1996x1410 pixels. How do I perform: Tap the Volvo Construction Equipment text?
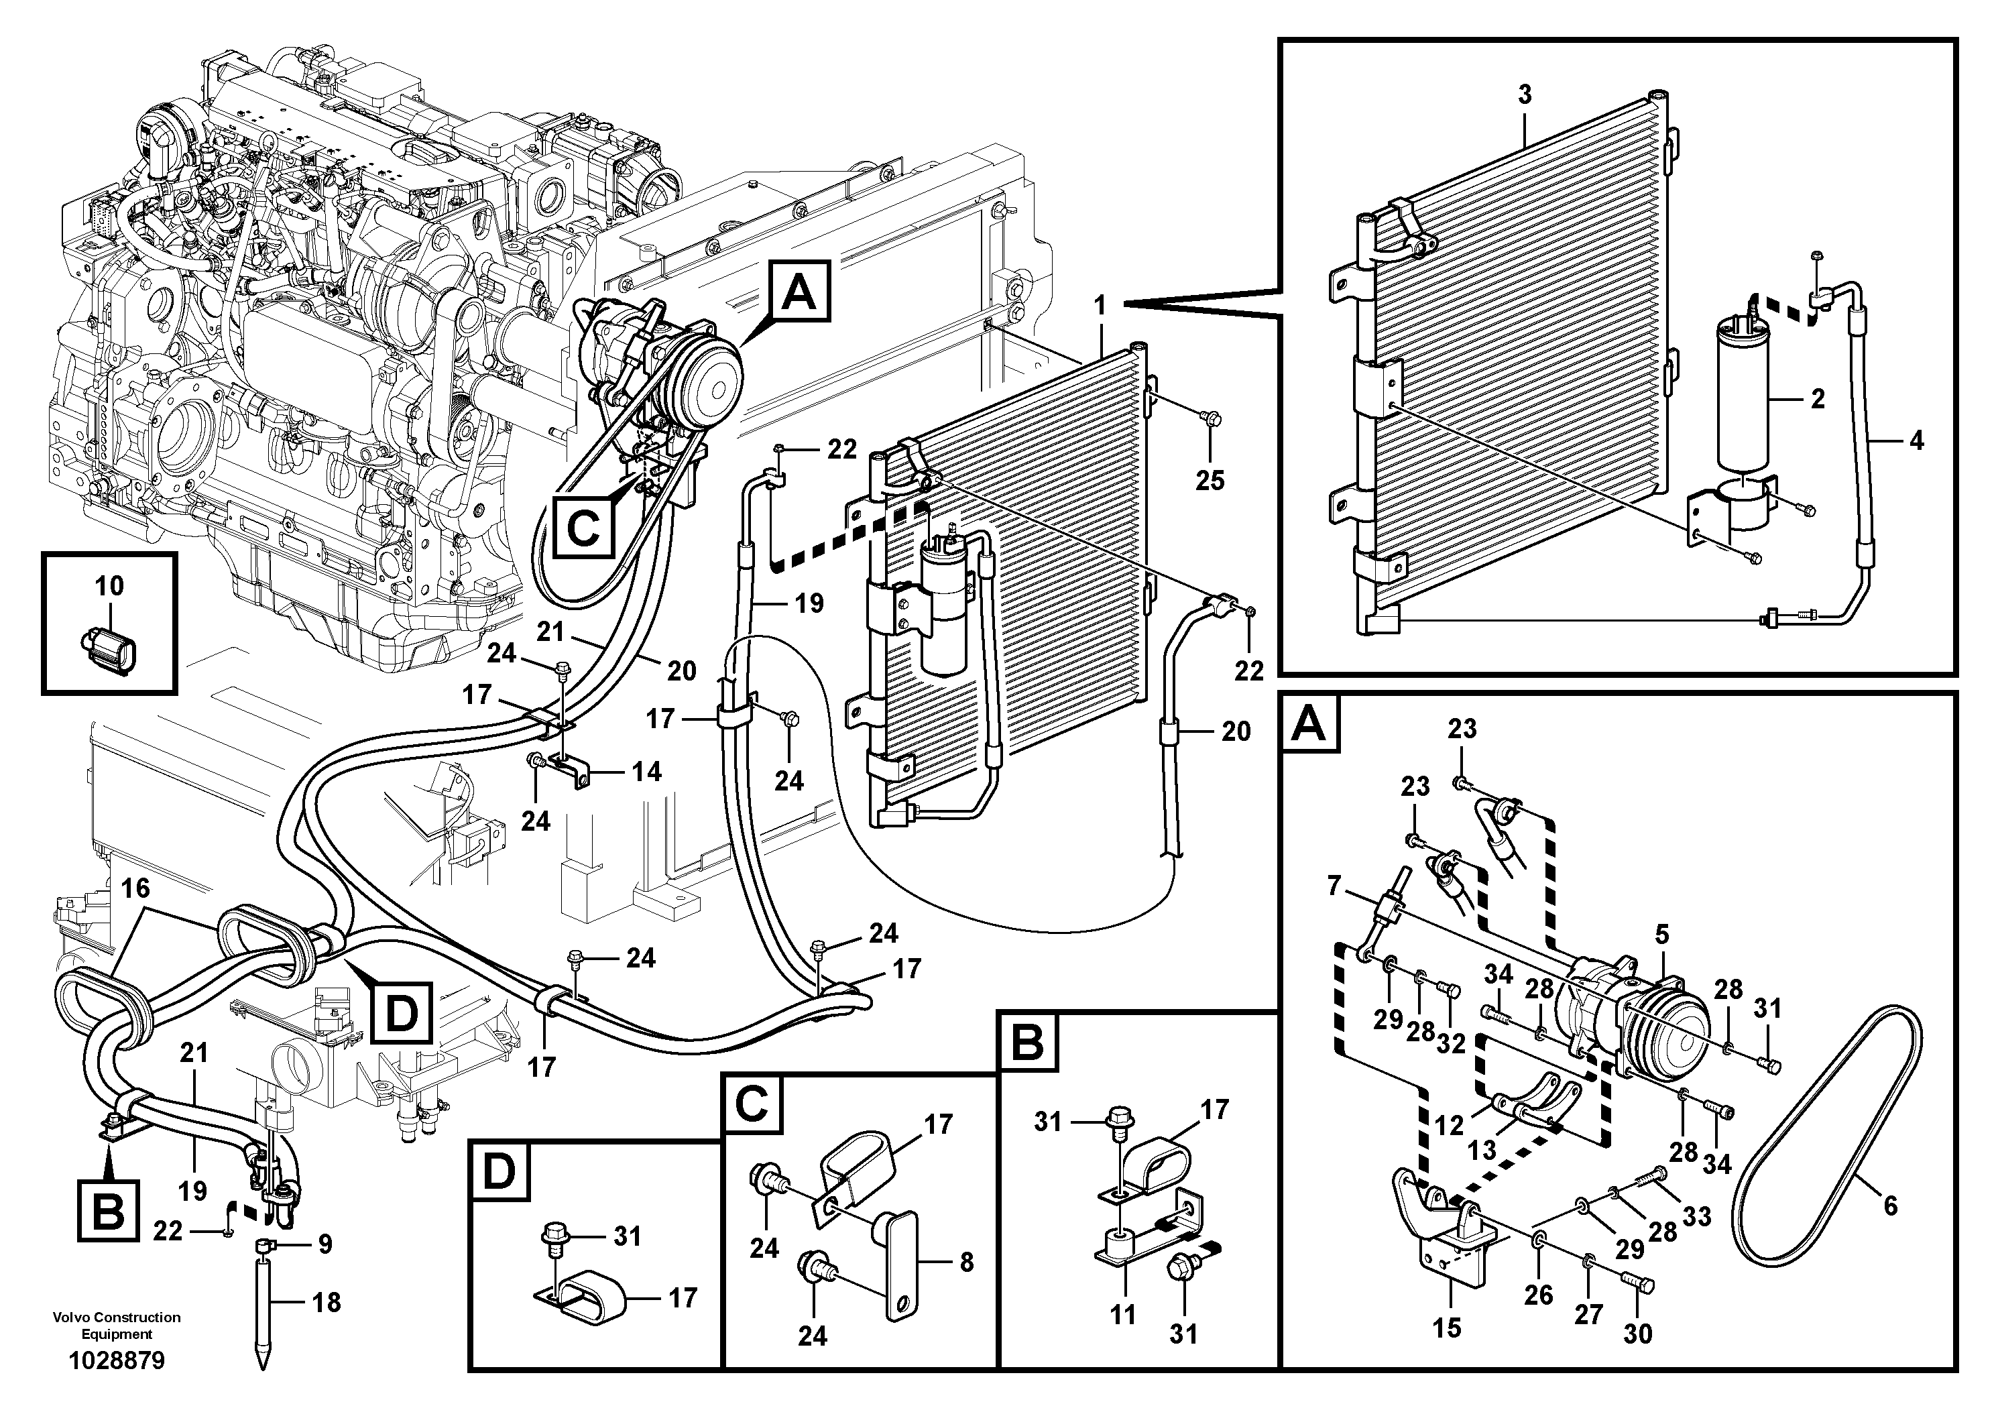click(117, 1325)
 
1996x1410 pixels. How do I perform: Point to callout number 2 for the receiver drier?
click(1818, 399)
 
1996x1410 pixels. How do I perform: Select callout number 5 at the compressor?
click(1661, 935)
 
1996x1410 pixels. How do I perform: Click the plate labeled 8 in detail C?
click(902, 1258)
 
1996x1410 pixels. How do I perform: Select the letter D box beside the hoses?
click(401, 1011)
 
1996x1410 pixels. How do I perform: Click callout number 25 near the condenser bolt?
click(1210, 480)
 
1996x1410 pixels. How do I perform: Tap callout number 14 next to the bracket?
click(646, 771)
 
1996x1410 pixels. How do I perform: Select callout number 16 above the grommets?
click(135, 888)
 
